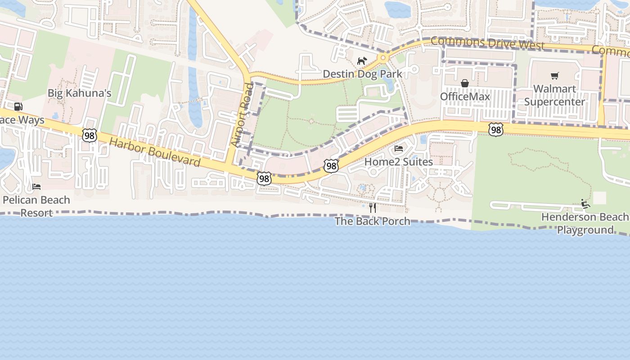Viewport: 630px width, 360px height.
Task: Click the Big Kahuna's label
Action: click(80, 93)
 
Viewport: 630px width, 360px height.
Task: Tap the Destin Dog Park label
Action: click(362, 74)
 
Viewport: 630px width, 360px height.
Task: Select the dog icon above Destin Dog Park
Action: click(362, 61)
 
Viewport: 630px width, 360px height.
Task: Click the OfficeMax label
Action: click(465, 96)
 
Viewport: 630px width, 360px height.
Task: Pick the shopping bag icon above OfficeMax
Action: click(465, 83)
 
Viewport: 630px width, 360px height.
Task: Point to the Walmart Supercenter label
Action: click(554, 95)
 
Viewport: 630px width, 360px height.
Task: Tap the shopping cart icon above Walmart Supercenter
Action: click(554, 76)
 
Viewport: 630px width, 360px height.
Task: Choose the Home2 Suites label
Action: click(398, 162)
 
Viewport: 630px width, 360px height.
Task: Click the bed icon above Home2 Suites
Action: click(398, 148)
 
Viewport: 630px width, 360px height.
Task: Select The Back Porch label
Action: click(372, 221)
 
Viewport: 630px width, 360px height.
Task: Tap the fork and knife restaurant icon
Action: click(372, 208)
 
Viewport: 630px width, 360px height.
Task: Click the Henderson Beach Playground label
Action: click(585, 223)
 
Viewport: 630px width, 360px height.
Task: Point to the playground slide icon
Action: click(585, 204)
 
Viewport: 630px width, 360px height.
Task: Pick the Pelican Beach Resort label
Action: click(36, 206)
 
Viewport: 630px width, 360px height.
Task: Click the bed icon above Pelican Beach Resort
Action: click(36, 187)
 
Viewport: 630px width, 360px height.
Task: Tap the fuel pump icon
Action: click(18, 107)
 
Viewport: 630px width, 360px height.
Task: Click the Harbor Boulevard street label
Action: click(155, 152)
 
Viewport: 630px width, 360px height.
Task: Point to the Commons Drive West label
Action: click(487, 44)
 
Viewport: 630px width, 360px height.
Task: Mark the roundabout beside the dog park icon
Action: click(383, 58)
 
